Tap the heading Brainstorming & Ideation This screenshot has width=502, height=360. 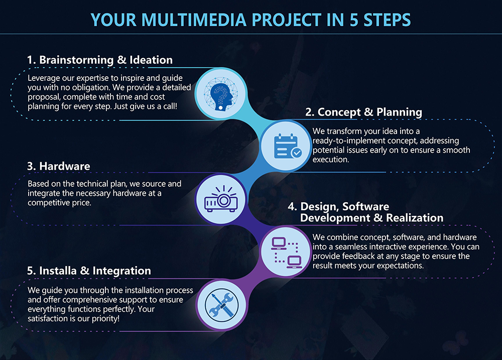[x=99, y=60]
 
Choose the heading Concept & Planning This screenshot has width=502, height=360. [x=364, y=112]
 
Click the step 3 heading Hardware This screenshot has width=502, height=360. [x=59, y=166]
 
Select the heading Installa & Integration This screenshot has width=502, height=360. [x=89, y=271]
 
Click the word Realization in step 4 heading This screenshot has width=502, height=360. [x=415, y=218]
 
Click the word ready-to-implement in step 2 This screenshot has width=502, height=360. [x=348, y=141]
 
